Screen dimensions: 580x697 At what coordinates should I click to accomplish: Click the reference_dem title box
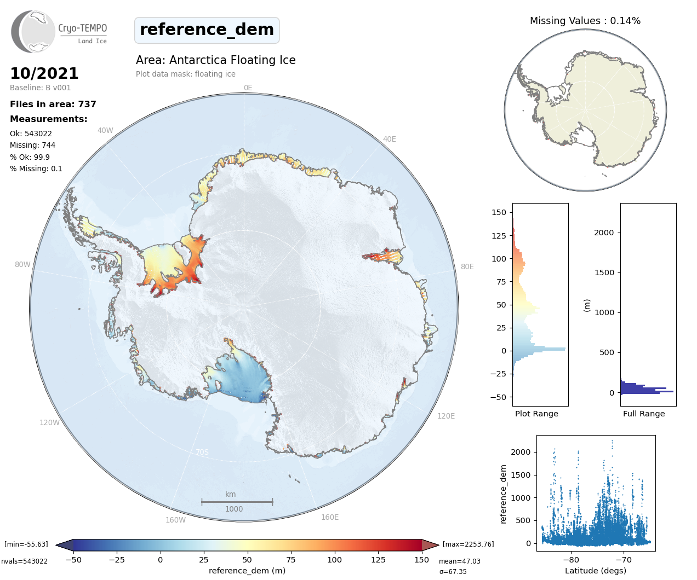pos(207,30)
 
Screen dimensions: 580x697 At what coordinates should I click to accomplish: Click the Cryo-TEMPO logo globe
pos(33,31)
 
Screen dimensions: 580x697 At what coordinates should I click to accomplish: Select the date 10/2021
pos(44,73)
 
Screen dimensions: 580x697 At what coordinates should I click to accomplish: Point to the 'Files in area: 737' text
pos(53,104)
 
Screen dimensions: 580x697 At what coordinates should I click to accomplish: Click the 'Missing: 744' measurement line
pos(32,145)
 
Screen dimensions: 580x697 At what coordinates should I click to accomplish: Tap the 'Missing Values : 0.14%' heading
pos(585,21)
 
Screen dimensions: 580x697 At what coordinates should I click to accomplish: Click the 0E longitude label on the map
pos(248,88)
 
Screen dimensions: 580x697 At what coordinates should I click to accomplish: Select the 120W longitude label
pos(49,422)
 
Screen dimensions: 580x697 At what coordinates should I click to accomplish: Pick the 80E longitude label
pos(467,266)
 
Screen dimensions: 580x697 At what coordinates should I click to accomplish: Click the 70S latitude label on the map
pos(202,452)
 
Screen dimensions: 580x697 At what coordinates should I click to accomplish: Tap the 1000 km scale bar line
pos(237,501)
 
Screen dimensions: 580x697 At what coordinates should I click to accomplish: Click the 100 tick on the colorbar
pos(334,560)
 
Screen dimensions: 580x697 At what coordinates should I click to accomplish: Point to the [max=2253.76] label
pos(468,544)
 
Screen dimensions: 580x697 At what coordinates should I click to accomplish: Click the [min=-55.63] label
pos(26,544)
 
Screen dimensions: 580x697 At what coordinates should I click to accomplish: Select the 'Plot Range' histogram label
pos(536,414)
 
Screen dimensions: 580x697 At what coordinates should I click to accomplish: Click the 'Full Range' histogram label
pos(644,414)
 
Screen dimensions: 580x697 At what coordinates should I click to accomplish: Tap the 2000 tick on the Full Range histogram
pos(604,233)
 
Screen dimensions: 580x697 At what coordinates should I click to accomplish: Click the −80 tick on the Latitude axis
pos(570,560)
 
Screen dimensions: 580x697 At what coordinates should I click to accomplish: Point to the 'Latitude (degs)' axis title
pos(596,571)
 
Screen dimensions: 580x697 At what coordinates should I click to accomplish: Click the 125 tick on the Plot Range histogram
pos(499,236)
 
